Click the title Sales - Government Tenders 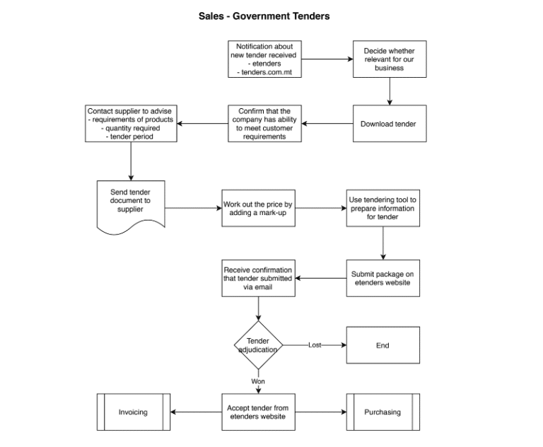click(264, 16)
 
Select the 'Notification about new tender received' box click(265, 59)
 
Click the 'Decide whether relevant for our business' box click(390, 59)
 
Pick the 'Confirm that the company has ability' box click(265, 124)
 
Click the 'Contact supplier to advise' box click(131, 124)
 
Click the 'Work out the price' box click(258, 209)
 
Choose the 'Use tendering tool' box click(383, 209)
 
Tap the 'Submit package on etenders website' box click(383, 279)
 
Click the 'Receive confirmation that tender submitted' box click(258, 279)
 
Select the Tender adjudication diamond click(258, 345)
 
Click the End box click(383, 345)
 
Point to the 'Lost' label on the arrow click(315, 345)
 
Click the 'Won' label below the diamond click(258, 381)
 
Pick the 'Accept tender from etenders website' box click(258, 412)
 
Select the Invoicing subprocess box click(133, 412)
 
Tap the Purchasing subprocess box click(383, 412)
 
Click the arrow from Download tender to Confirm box click(327, 124)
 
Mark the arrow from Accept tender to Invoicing click(196, 412)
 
